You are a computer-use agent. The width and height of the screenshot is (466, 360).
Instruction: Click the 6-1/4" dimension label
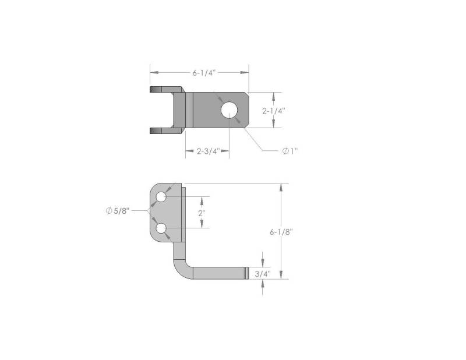[x=203, y=73]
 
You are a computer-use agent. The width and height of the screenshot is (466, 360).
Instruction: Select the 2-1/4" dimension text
[x=273, y=111]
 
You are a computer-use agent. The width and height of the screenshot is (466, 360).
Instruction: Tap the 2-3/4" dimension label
[x=208, y=151]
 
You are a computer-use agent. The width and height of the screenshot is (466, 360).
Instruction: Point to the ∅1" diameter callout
[x=290, y=151]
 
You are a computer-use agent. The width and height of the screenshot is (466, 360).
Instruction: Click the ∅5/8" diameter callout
[x=118, y=211]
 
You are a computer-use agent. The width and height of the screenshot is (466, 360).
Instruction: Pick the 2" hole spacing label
[x=202, y=213]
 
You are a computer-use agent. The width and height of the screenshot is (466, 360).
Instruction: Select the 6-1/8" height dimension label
[x=281, y=232]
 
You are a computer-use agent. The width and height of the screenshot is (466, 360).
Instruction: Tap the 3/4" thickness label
[x=263, y=274]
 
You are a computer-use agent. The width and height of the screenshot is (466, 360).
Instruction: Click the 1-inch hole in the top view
[x=229, y=110]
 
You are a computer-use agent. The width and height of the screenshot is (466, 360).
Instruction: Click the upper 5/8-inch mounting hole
[x=161, y=197]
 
